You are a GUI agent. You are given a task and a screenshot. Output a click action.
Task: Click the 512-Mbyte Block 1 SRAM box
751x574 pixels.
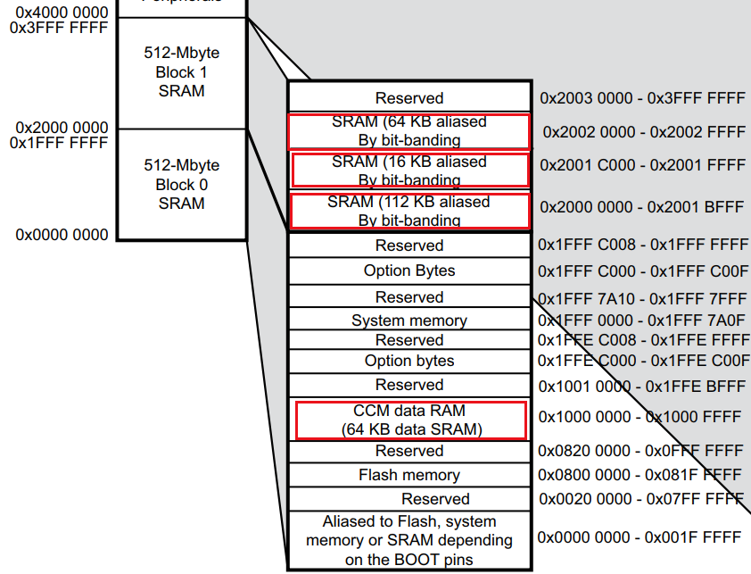[181, 72]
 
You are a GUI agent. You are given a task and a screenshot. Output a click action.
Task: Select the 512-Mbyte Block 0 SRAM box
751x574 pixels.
[181, 184]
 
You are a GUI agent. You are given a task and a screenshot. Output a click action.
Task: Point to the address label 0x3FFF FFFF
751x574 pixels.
[59, 28]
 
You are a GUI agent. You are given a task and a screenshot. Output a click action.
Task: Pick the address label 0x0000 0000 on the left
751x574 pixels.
[62, 235]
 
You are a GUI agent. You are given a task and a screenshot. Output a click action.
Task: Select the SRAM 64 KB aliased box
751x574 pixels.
[409, 131]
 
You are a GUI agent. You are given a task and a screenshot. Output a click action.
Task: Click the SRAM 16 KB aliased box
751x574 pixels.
[409, 171]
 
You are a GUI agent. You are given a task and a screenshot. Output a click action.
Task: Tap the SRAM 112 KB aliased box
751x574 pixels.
[409, 211]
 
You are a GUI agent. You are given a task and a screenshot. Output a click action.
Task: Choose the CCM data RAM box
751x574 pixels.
[410, 420]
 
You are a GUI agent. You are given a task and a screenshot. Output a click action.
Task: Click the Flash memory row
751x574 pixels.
[409, 475]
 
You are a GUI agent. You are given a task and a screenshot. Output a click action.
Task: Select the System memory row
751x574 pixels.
[409, 320]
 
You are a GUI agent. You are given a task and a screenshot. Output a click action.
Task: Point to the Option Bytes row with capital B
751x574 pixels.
[409, 270]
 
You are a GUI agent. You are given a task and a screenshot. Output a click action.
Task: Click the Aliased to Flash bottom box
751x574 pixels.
[409, 540]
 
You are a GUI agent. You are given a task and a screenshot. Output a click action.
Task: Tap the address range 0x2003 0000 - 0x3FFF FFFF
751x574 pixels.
[642, 97]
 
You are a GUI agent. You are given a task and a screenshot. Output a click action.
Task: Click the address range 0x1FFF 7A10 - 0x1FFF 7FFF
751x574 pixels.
[642, 297]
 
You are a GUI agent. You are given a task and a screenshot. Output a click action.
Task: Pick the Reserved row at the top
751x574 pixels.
[409, 98]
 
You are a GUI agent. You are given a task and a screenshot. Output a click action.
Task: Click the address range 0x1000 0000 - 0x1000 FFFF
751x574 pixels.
[640, 417]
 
